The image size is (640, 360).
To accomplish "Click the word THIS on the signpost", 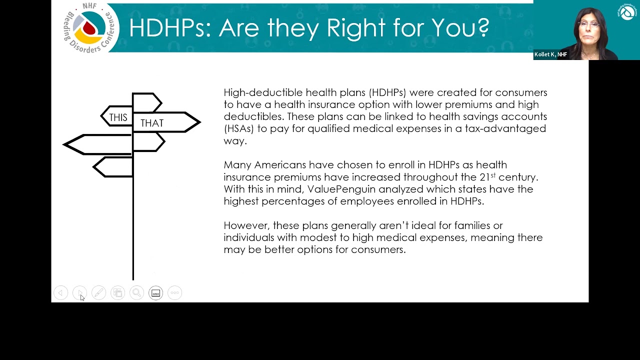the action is pyautogui.click(x=118, y=117).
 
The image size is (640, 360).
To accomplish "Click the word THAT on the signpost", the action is pyautogui.click(x=152, y=123).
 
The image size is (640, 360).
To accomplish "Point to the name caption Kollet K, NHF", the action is pyautogui.click(x=550, y=54).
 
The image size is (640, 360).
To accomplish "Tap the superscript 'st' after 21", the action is pyautogui.click(x=493, y=175).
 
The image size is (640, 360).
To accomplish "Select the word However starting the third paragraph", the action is pyautogui.click(x=247, y=225).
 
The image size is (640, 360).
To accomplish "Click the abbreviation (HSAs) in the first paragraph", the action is pyautogui.click(x=239, y=128).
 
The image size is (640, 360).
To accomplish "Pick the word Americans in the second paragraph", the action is pyautogui.click(x=280, y=165).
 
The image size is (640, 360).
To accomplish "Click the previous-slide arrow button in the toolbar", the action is pyautogui.click(x=61, y=293).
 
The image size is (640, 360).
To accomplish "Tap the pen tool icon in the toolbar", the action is pyautogui.click(x=98, y=293).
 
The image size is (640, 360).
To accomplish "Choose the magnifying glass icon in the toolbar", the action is pyautogui.click(x=136, y=293).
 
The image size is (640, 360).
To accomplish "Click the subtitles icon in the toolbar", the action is pyautogui.click(x=155, y=293).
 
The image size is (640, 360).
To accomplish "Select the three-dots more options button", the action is pyautogui.click(x=174, y=293).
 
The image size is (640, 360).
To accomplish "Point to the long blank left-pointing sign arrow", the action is pyautogui.click(x=97, y=144).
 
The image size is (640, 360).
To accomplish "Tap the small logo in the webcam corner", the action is pyautogui.click(x=627, y=11).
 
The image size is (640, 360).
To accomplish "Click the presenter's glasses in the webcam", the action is pyautogui.click(x=589, y=24).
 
